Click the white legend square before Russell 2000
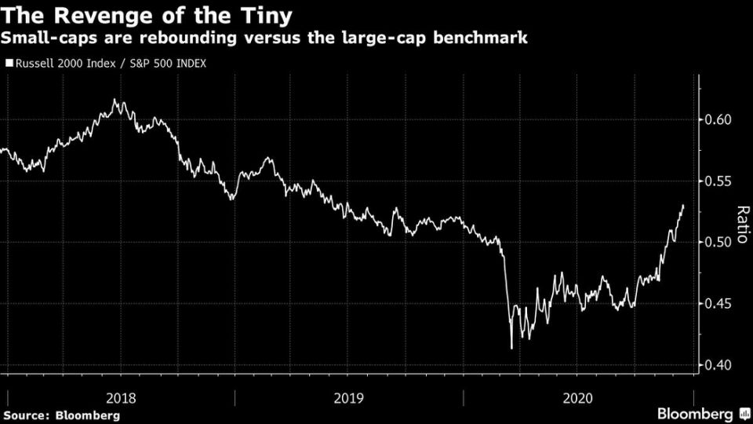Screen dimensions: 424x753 point(9,64)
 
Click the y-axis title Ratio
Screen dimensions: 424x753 point(741,225)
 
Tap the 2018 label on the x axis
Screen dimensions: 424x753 point(121,399)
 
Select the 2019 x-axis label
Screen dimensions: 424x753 point(348,399)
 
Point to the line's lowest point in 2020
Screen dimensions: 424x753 point(511,348)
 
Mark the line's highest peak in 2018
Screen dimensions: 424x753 point(115,100)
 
